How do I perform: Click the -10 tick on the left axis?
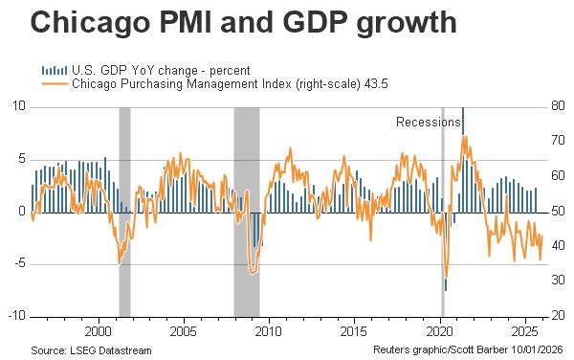15,316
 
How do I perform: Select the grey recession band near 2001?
124,211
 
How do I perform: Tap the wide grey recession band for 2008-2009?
246,211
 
